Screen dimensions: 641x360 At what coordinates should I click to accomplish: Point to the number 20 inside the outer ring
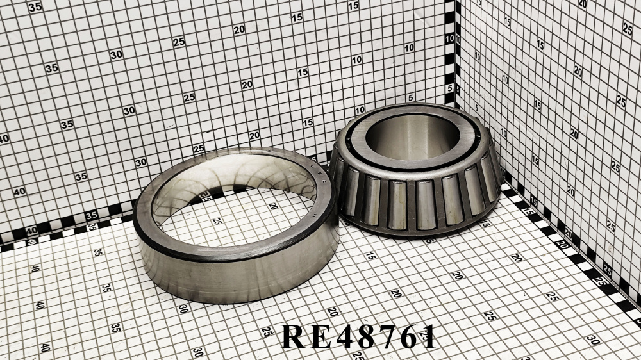click(x=272, y=206)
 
